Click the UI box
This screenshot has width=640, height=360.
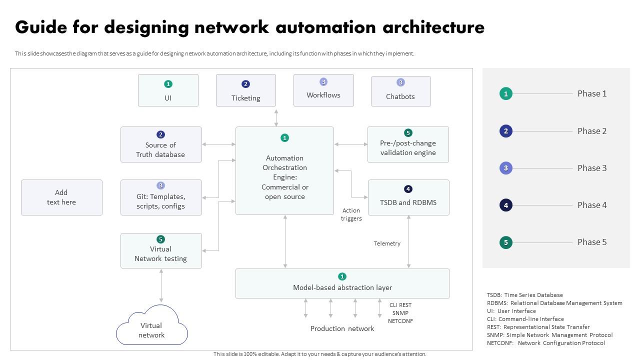[x=168, y=90]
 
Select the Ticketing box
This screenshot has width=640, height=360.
[x=245, y=90]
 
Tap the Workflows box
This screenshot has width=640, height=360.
[x=323, y=90]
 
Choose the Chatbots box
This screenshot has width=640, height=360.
[x=400, y=91]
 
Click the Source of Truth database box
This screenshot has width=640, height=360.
[x=161, y=144]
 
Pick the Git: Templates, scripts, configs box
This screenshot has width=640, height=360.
[x=161, y=197]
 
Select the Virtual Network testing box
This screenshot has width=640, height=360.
[x=161, y=250]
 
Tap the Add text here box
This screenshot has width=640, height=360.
[x=61, y=197]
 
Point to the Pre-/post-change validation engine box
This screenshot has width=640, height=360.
[x=408, y=144]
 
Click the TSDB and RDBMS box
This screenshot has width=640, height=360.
[x=408, y=197]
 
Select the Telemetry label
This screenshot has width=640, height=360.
[x=387, y=243]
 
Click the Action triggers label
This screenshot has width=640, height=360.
[x=351, y=214]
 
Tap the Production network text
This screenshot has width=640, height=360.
[x=342, y=328]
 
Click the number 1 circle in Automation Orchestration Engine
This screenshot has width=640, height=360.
[x=284, y=138]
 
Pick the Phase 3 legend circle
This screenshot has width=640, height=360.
[x=506, y=168]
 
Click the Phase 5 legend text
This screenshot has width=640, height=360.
[x=592, y=242]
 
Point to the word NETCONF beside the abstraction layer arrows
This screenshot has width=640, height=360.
[x=400, y=321]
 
